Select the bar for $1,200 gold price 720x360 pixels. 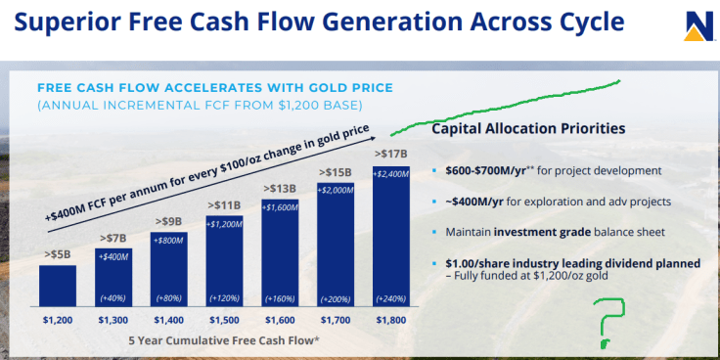58,285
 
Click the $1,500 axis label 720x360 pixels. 224,319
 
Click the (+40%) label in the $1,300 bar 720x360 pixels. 113,298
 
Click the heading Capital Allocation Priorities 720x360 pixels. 528,128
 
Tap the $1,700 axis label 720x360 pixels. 337,319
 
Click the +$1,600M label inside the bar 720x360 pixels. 281,207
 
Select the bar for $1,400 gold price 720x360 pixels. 168,268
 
